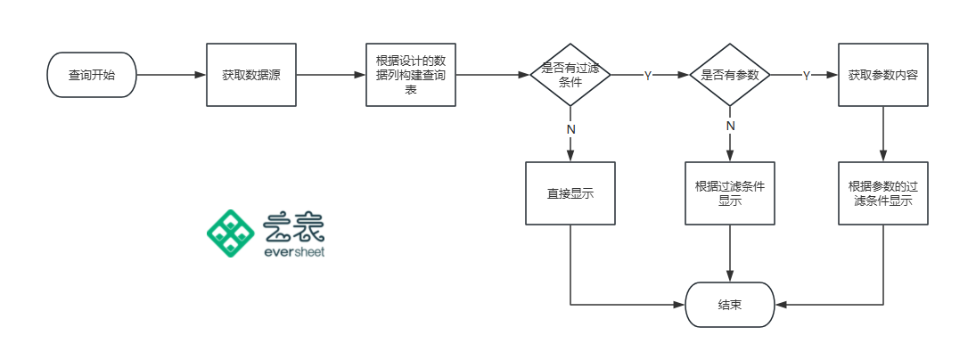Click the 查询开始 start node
click(x=92, y=76)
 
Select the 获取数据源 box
click(x=250, y=76)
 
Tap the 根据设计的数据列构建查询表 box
click(x=410, y=76)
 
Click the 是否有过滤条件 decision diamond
click(x=570, y=76)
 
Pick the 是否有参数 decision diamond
click(x=730, y=76)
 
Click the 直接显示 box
click(x=570, y=192)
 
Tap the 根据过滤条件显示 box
click(x=730, y=192)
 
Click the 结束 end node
click(x=730, y=305)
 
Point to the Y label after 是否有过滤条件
click(x=648, y=77)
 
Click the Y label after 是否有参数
click(x=807, y=77)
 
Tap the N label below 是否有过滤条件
click(x=570, y=129)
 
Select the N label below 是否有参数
click(x=730, y=126)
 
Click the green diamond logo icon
click(x=231, y=233)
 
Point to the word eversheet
click(x=295, y=251)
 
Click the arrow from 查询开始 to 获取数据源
click(x=171, y=76)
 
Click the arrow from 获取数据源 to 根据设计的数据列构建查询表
click(x=330, y=76)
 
